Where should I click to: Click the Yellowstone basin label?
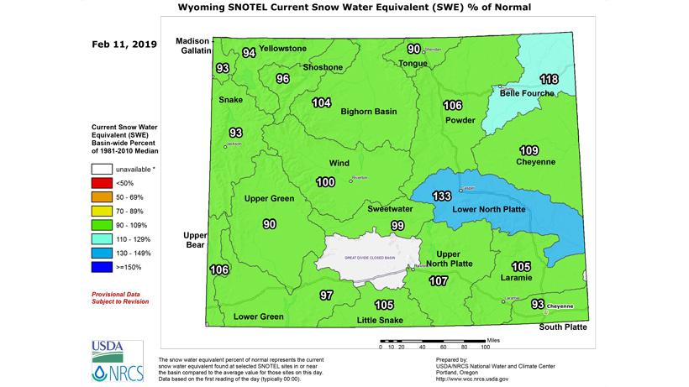point(282,49)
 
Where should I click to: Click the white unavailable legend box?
point(102,169)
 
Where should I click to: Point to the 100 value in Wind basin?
point(325,182)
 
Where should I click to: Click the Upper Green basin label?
point(268,199)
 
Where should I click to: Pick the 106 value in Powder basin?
point(452,105)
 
